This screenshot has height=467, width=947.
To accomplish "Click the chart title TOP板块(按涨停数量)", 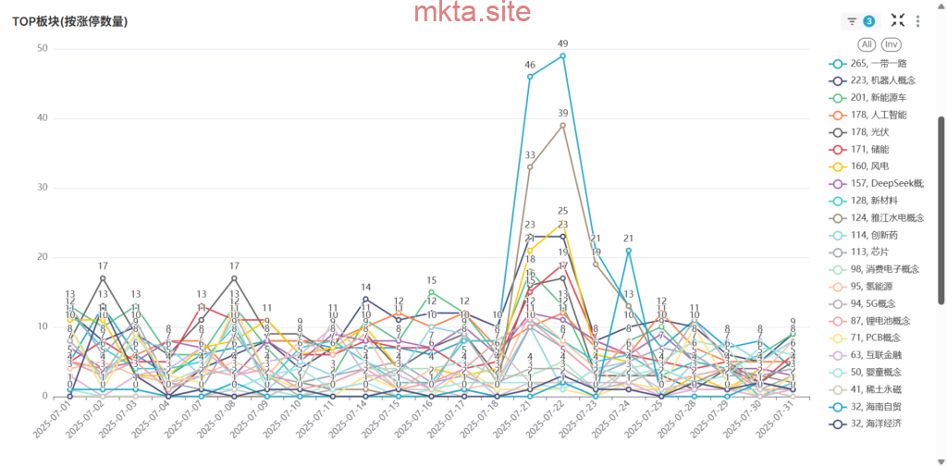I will click(x=69, y=21).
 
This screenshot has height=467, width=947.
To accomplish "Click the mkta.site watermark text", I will click(x=473, y=13).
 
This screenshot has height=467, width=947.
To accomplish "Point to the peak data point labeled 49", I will click(x=562, y=55).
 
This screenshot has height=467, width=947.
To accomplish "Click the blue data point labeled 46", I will click(x=530, y=77).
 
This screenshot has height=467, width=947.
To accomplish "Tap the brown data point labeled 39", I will click(x=562, y=125).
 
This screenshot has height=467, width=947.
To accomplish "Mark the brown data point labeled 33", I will click(x=530, y=166).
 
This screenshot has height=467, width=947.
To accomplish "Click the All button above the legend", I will click(x=867, y=44).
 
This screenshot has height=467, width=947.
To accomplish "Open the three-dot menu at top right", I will click(x=917, y=21).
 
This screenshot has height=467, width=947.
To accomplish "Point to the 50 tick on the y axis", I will click(x=43, y=48).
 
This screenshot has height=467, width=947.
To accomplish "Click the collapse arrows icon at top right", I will click(x=897, y=20).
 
